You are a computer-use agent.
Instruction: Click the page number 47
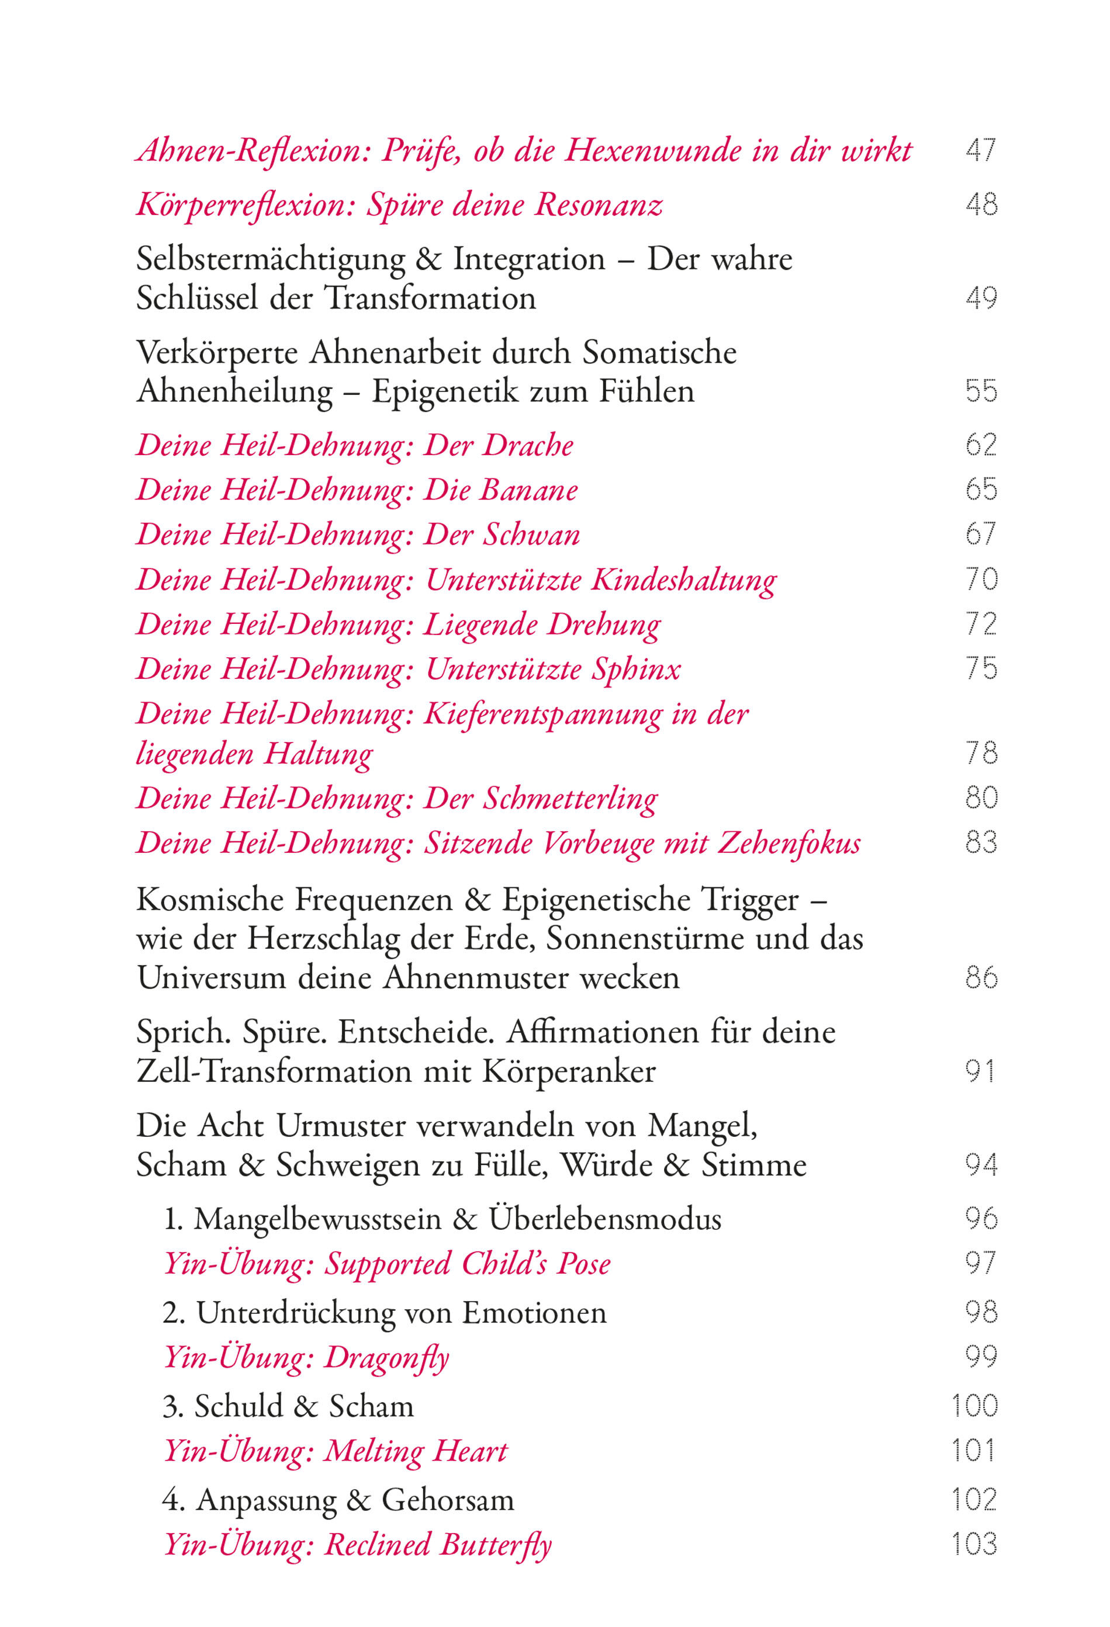coord(980,150)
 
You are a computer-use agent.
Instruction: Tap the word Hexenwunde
coord(653,150)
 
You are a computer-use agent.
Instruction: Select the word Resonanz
coord(599,204)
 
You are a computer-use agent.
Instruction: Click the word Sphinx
coord(636,669)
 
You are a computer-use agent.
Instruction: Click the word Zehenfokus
coord(789,844)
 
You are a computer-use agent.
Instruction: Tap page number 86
coord(980,977)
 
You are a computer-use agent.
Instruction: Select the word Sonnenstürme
coord(645,939)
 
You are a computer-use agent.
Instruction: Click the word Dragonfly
coord(386,1358)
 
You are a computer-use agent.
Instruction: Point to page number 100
coord(975,1406)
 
